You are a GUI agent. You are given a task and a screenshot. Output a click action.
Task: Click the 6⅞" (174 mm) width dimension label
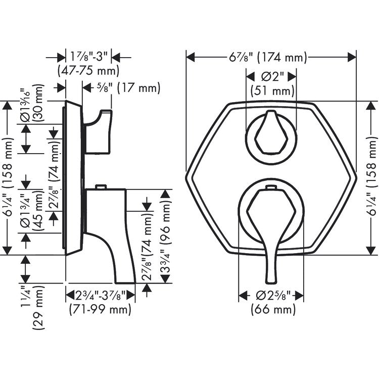click(268, 58)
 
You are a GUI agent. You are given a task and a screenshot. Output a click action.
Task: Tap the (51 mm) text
click(272, 91)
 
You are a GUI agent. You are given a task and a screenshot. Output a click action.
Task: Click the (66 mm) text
click(273, 309)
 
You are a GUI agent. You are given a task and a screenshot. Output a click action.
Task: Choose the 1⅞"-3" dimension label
click(88, 57)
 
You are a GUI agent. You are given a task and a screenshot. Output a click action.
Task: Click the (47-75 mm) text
click(88, 71)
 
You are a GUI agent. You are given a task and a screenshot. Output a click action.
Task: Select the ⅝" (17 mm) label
click(128, 87)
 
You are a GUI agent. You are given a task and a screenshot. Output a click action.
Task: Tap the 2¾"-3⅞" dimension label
click(101, 295)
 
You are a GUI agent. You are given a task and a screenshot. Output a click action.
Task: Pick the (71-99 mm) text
click(100, 309)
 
